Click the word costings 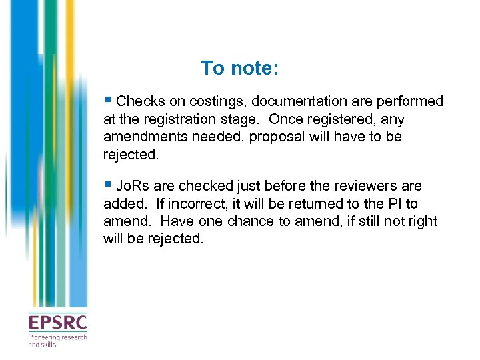215,102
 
